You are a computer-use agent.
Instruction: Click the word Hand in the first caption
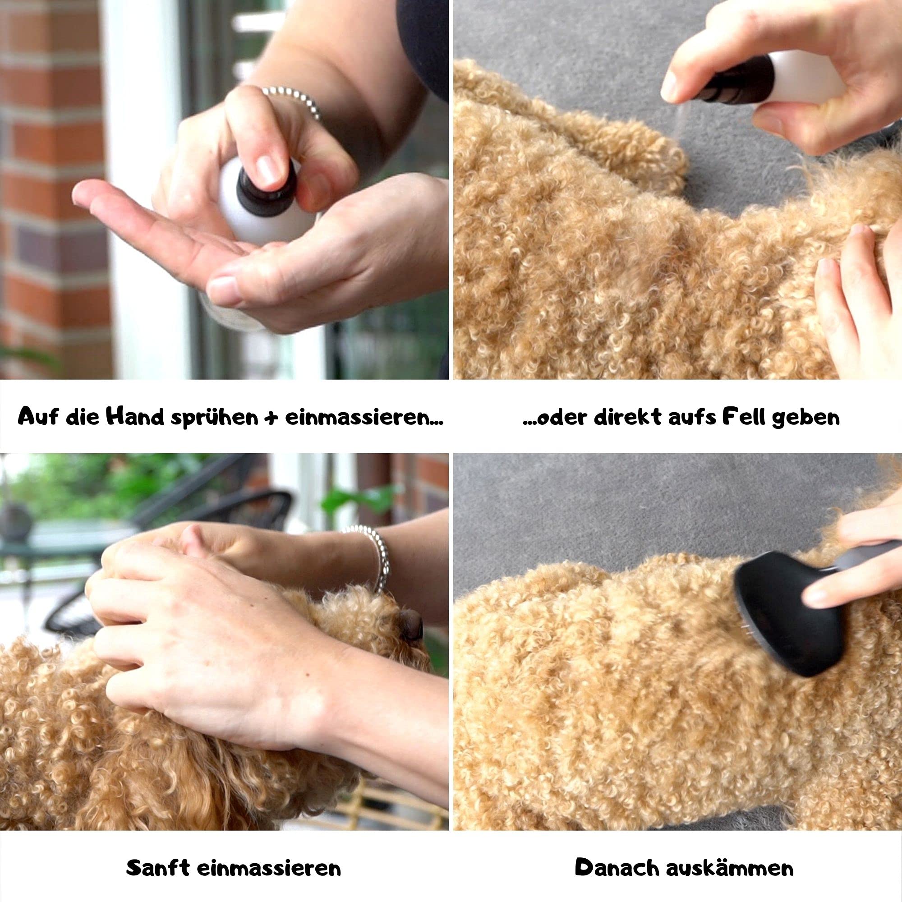click(135, 416)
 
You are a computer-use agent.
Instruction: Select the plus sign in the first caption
click(271, 417)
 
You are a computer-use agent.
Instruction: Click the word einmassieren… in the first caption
click(364, 417)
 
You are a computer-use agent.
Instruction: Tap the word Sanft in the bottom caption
click(158, 855)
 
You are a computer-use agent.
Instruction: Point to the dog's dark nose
click(410, 624)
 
